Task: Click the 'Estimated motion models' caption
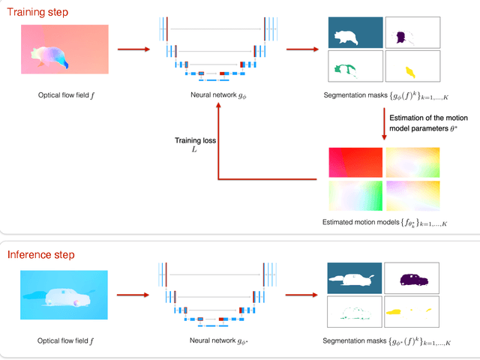(385, 222)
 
